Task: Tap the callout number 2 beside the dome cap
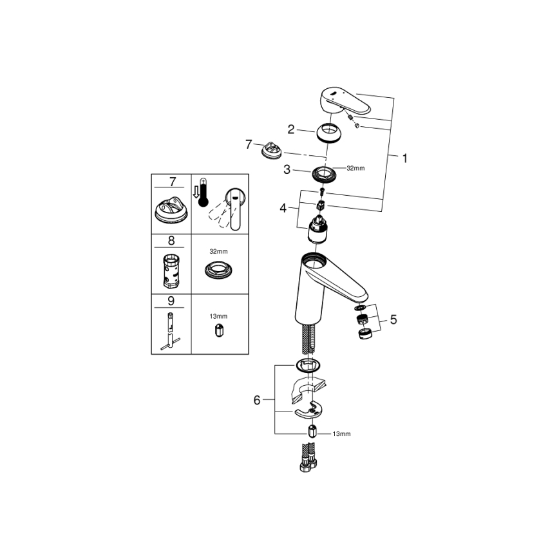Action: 291,129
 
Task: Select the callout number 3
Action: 288,169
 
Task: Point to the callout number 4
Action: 284,208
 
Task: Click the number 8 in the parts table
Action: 171,242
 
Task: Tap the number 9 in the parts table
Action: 171,300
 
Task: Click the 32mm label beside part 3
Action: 355,169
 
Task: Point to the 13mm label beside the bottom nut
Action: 342,434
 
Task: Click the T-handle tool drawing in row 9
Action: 171,328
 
